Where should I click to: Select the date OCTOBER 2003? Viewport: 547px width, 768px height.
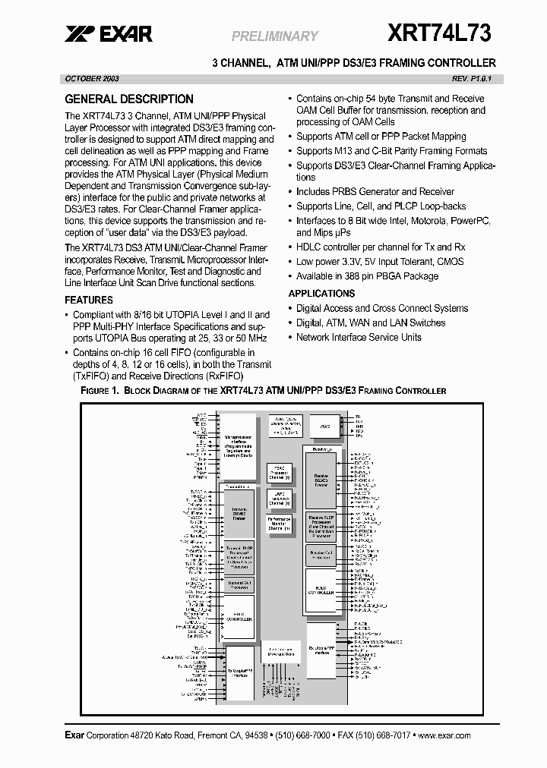pyautogui.click(x=91, y=79)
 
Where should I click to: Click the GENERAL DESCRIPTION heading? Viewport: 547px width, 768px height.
pyautogui.click(x=129, y=99)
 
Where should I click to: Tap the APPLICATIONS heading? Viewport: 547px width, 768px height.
pyautogui.click(x=321, y=293)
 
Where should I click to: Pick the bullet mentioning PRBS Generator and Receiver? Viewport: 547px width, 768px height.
pyautogui.click(x=375, y=191)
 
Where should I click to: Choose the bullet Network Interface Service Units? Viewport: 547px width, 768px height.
pyautogui.click(x=359, y=337)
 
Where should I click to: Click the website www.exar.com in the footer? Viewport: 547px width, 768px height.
pyautogui.click(x=444, y=735)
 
